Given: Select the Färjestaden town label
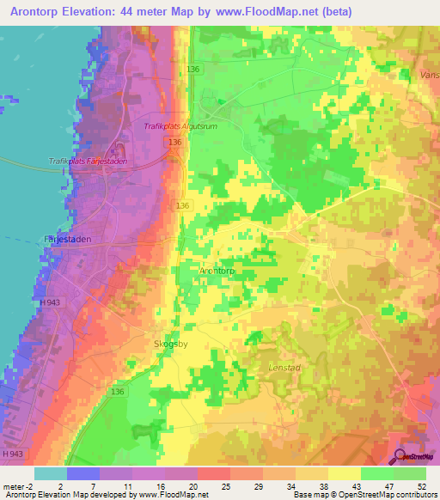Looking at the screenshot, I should (x=67, y=240).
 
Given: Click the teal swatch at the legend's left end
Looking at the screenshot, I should (x=50, y=473).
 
